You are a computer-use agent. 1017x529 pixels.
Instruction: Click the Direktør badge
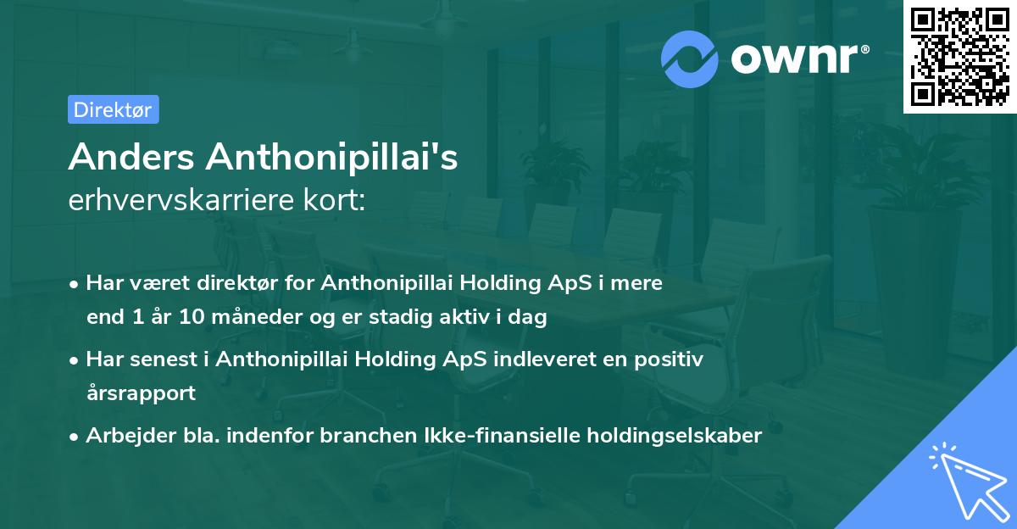coord(113,109)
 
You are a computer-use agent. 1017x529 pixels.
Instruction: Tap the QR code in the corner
coord(959,56)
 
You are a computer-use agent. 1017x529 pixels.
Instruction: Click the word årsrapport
coord(141,393)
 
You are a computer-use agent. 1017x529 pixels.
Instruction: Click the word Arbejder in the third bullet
coord(125,436)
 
